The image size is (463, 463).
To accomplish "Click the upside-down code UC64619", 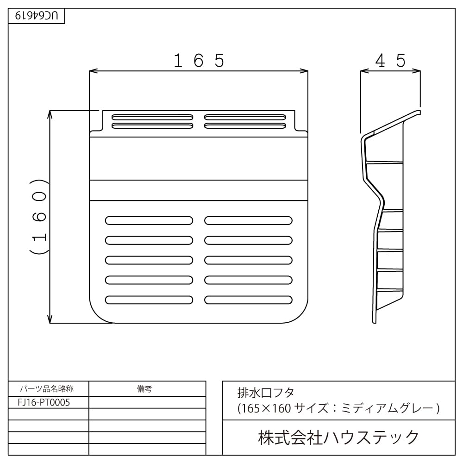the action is (x=36, y=15).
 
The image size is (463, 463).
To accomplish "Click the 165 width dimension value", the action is (x=199, y=61).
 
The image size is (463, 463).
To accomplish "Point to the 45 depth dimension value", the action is (x=390, y=61).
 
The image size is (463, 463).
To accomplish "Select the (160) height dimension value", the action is (x=39, y=216).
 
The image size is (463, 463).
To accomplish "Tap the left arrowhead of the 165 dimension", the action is (x=94, y=71).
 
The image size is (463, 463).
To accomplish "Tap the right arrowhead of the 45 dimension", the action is (x=416, y=71).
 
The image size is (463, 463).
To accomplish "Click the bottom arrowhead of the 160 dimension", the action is (x=50, y=319).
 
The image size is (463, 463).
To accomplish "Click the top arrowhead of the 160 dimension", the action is (x=50, y=115).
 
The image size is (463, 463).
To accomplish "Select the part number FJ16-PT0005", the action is (x=44, y=402).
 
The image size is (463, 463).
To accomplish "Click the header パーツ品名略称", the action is (x=47, y=389).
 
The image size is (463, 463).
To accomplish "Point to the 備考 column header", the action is (x=144, y=389).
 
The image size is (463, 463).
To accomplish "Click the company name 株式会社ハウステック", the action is (x=338, y=438).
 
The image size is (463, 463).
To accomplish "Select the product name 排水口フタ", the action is (x=266, y=393).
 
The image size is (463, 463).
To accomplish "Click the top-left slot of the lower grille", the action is (x=149, y=220).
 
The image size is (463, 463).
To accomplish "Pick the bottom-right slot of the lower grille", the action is (x=248, y=300).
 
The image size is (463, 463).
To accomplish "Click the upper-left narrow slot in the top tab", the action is (x=152, y=117).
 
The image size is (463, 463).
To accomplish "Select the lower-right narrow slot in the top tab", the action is (x=245, y=126).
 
